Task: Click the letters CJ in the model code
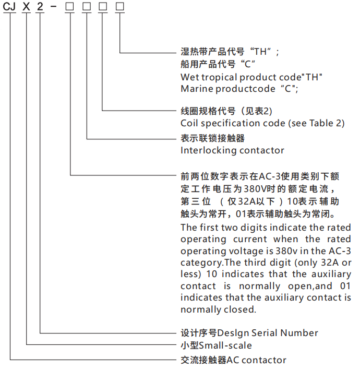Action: (9, 6)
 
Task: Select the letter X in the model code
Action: (26, 6)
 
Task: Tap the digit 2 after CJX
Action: (40, 6)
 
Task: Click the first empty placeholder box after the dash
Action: (69, 6)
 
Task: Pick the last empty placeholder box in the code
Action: (120, 6)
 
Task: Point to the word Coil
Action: (189, 123)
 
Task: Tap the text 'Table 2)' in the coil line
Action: (327, 123)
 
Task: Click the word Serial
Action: (264, 333)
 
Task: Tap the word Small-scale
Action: (225, 345)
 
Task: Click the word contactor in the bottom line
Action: (264, 360)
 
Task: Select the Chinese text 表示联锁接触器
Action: (212, 138)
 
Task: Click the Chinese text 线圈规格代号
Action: (208, 111)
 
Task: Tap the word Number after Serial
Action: (299, 333)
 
